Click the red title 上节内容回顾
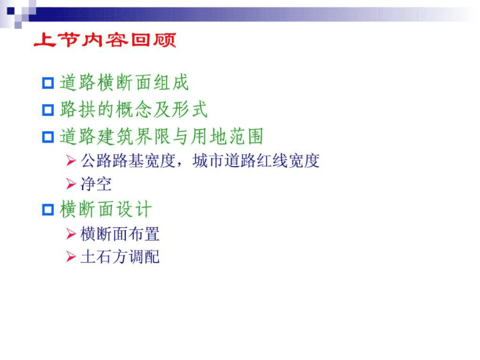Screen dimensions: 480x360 (105, 40)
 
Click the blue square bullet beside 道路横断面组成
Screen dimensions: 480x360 (48, 83)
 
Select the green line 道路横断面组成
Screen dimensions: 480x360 (124, 83)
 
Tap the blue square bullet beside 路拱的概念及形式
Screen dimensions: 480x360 (48, 110)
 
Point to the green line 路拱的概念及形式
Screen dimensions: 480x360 (134, 109)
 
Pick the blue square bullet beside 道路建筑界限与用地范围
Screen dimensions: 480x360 (48, 137)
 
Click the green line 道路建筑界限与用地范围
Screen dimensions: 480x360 (161, 137)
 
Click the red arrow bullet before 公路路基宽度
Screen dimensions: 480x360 (71, 161)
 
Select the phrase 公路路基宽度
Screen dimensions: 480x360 (128, 161)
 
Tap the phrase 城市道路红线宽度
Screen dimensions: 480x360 (256, 161)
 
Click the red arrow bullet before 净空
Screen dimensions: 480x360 (71, 184)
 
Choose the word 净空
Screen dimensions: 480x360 (96, 184)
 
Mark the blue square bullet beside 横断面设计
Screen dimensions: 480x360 (48, 210)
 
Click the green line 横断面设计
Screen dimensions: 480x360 (105, 209)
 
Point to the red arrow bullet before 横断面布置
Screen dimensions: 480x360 (71, 234)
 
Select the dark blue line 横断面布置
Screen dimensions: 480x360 (120, 234)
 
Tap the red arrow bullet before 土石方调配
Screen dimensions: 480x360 (71, 257)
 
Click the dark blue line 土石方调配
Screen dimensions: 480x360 (120, 257)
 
